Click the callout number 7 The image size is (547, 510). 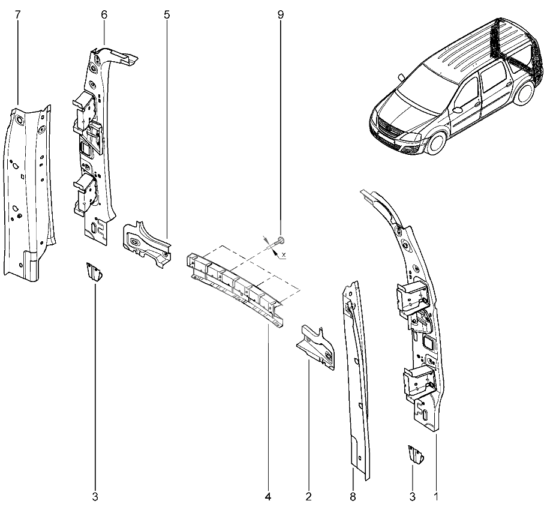point(18,15)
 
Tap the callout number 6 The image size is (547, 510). point(104,14)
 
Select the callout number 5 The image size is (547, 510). point(167,14)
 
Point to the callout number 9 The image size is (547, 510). point(281,14)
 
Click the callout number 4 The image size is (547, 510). point(268,496)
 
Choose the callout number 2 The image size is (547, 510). point(308,496)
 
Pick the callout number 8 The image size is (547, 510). point(353,496)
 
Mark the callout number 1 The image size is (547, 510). point(435,496)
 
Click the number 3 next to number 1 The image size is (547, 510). point(412,496)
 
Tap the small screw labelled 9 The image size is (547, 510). point(279,241)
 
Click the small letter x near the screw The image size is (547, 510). point(284,255)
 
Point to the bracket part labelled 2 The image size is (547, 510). point(315,347)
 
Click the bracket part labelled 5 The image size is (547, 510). point(147,244)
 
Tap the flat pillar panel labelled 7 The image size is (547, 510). point(30,194)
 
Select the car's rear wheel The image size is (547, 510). point(524,93)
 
